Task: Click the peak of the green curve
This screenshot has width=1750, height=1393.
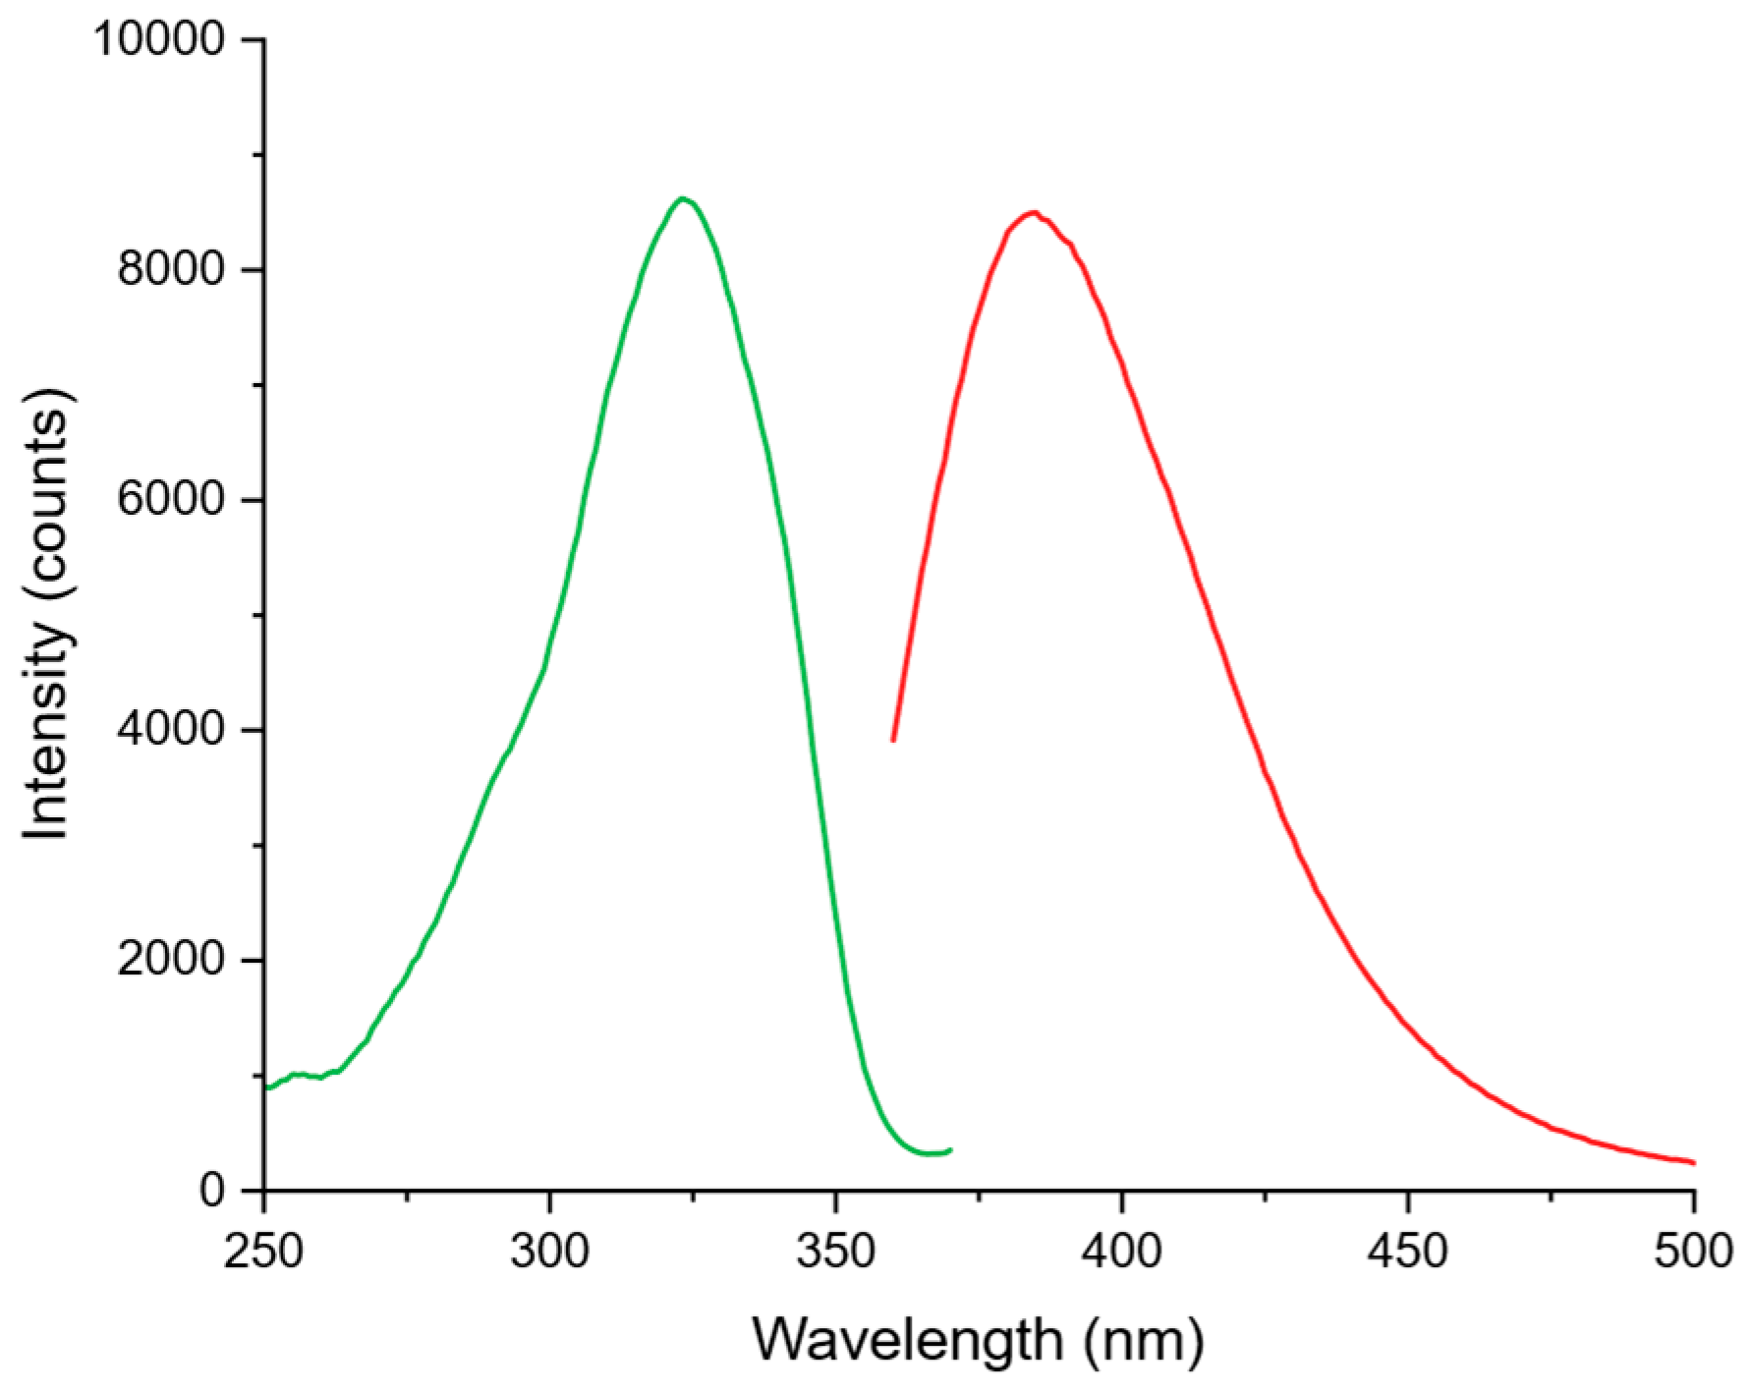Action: coord(683,198)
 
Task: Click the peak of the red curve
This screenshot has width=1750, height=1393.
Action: coord(1032,212)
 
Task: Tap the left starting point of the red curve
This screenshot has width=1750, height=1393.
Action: coord(892,740)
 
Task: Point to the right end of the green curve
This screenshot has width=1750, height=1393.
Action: coord(950,1149)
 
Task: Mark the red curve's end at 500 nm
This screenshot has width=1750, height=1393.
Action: coord(1694,1163)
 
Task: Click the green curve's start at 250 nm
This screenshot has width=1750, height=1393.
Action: coord(265,1087)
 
